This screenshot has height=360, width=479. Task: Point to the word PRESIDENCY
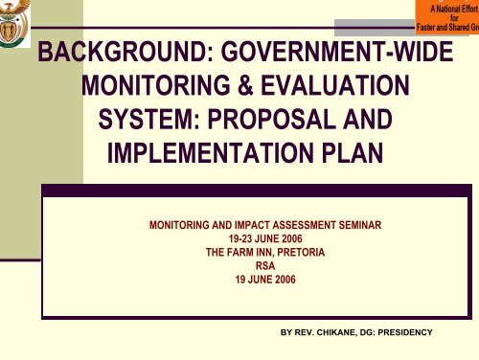pyautogui.click(x=405, y=331)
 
